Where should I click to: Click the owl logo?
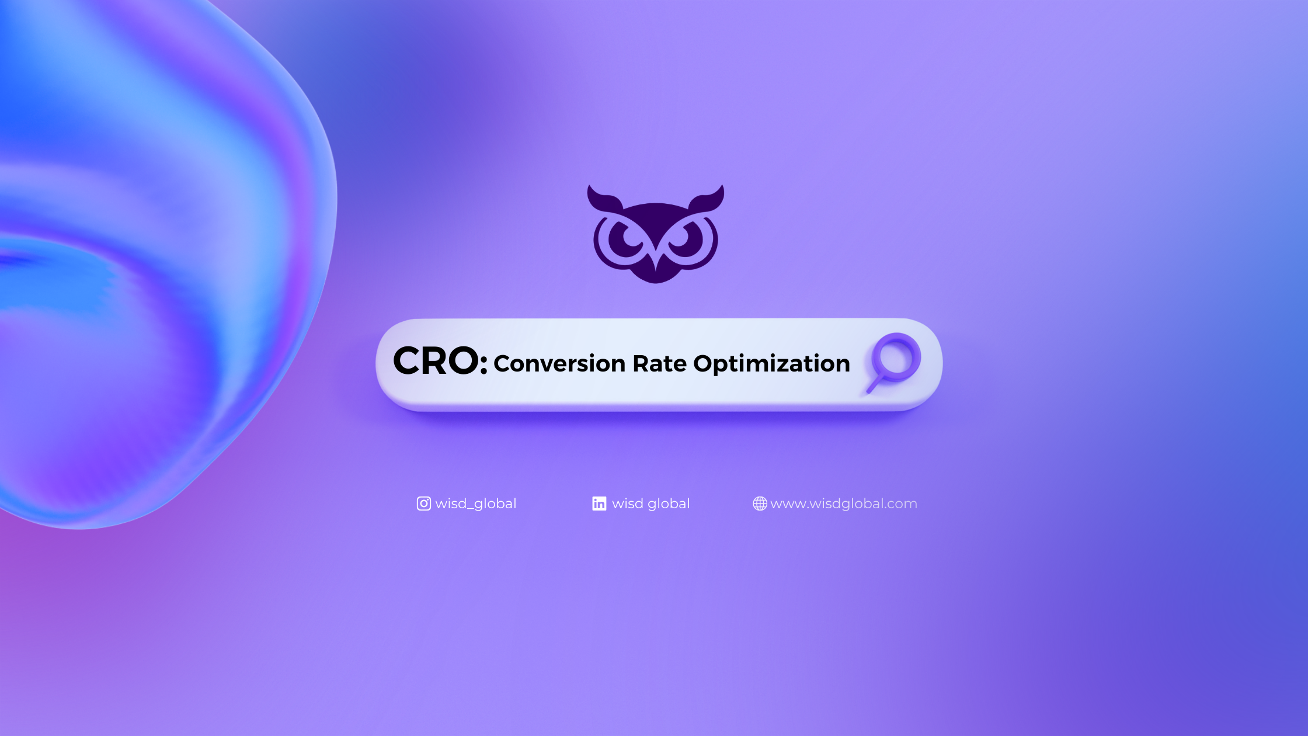pyautogui.click(x=656, y=234)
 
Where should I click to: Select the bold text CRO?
pyautogui.click(x=440, y=360)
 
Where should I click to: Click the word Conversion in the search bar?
pyautogui.click(x=559, y=363)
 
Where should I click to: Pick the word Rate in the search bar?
pyautogui.click(x=660, y=363)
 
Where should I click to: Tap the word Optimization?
pyautogui.click(x=771, y=364)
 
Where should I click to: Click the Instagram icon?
pyautogui.click(x=424, y=504)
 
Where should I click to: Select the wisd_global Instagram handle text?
pyautogui.click(x=476, y=504)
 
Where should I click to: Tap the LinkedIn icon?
pyautogui.click(x=599, y=504)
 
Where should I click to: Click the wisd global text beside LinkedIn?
pyautogui.click(x=651, y=504)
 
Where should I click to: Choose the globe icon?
pyautogui.click(x=760, y=504)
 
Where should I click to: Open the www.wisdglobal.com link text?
pyautogui.click(x=844, y=504)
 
